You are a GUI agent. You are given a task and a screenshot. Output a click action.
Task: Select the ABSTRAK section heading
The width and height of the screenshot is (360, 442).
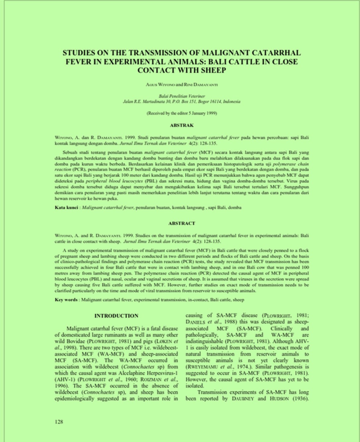click(x=182, y=125)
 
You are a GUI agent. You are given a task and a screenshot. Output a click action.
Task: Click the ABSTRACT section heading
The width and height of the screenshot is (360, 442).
click(x=182, y=223)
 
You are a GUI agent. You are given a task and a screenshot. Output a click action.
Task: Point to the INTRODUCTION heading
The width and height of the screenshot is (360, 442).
click(x=116, y=316)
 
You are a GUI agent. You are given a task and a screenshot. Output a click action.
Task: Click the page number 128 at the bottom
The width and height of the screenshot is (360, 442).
click(x=59, y=422)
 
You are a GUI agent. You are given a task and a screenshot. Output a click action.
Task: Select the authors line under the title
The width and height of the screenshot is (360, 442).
click(x=182, y=85)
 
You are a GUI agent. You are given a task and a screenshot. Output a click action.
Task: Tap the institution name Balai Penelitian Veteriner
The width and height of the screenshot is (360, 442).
click(x=182, y=96)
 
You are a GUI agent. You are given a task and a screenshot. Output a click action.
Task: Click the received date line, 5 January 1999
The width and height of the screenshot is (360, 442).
click(x=182, y=113)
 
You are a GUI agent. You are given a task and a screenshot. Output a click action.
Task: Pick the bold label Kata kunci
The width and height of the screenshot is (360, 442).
click(x=66, y=207)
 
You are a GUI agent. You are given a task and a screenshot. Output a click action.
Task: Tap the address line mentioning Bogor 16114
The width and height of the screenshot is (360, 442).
click(x=182, y=102)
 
